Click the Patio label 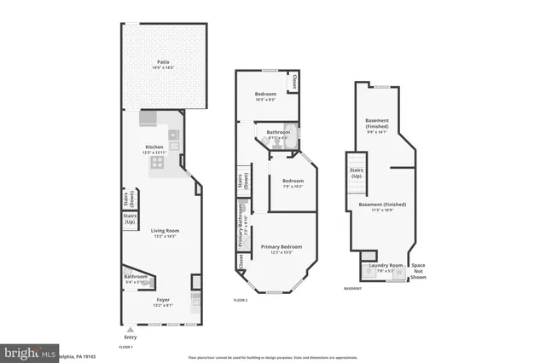[x=162, y=62]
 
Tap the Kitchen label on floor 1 [x=154, y=148]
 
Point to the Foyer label [x=162, y=300]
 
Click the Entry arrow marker [x=130, y=329]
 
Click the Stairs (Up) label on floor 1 [x=131, y=218]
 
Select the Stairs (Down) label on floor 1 [x=131, y=197]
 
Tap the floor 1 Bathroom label [x=136, y=277]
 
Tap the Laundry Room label [x=384, y=266]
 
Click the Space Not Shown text [x=418, y=272]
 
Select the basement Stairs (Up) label [x=357, y=173]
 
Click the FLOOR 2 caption [x=241, y=301]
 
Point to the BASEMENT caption [x=353, y=289]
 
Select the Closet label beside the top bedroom [x=294, y=82]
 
